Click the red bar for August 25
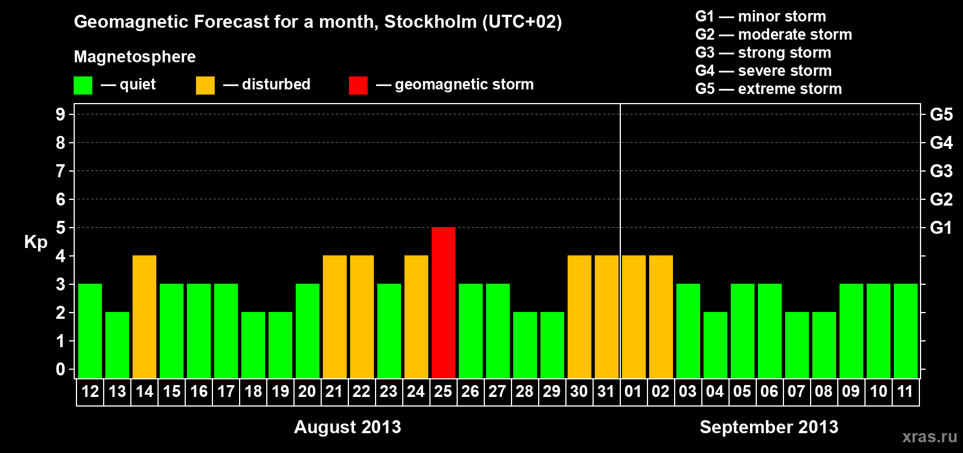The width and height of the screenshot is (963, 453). pyautogui.click(x=444, y=302)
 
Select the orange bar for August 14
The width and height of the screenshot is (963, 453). pyautogui.click(x=144, y=317)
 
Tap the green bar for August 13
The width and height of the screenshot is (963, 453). pyautogui.click(x=117, y=345)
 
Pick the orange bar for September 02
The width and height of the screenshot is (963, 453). pyautogui.click(x=661, y=317)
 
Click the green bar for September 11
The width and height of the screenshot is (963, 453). pyautogui.click(x=906, y=331)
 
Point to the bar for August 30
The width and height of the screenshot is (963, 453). pyautogui.click(x=579, y=317)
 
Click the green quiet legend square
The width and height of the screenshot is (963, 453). pyautogui.click(x=83, y=86)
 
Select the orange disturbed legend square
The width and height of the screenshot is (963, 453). pyautogui.click(x=205, y=86)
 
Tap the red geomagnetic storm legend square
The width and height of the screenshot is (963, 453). pyautogui.click(x=358, y=86)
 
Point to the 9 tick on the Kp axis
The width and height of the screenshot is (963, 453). pyautogui.click(x=61, y=114)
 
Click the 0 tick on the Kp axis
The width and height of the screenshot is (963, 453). pyautogui.click(x=61, y=370)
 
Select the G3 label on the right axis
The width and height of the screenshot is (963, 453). pyautogui.click(x=941, y=171)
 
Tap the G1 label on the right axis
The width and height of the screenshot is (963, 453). pyautogui.click(x=941, y=228)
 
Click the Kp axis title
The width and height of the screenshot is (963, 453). pyautogui.click(x=36, y=242)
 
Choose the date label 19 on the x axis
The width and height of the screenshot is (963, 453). pyautogui.click(x=280, y=392)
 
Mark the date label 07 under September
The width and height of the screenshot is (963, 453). pyautogui.click(x=796, y=392)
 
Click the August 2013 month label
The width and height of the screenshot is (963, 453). pyautogui.click(x=347, y=427)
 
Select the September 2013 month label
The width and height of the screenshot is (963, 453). pyautogui.click(x=769, y=427)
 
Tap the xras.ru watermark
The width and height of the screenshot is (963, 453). pyautogui.click(x=930, y=437)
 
